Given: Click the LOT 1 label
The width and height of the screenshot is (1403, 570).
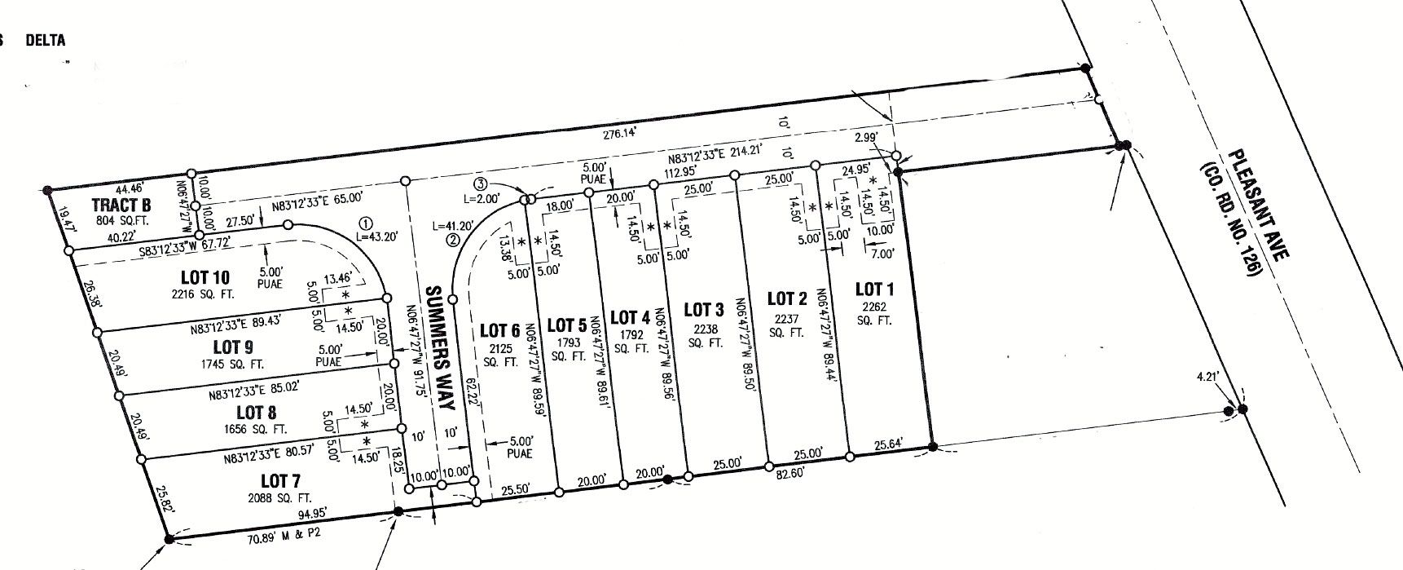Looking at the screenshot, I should click(874, 289).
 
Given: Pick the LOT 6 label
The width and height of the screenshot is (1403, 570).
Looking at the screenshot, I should click(499, 331).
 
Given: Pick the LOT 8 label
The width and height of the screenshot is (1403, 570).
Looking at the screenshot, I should click(257, 413).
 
